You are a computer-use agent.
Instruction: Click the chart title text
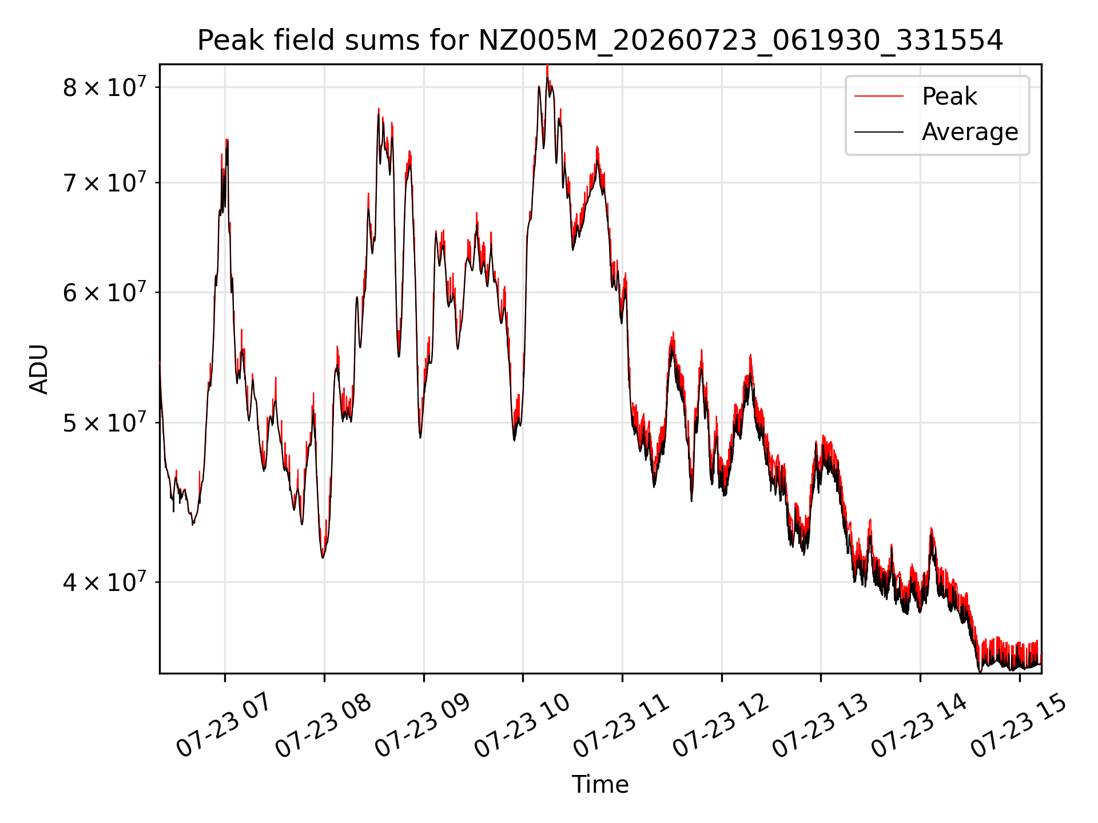point(600,41)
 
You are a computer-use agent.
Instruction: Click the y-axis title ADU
point(39,369)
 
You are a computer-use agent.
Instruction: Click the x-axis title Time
point(600,785)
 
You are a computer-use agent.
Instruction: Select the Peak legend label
point(949,97)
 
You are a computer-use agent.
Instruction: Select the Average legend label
point(970,132)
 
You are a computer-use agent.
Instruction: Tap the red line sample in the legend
point(879,97)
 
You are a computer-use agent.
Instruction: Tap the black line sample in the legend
point(879,132)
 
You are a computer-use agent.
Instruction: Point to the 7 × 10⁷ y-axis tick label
point(104,183)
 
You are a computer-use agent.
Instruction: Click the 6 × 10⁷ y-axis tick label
point(104,292)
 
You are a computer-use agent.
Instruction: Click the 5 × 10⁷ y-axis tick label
point(104,423)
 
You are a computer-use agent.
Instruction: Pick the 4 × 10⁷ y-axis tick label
point(104,582)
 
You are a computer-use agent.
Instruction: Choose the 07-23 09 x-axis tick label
point(422,725)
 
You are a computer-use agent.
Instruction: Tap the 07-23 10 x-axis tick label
point(522,725)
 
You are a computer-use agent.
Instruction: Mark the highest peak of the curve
point(547,66)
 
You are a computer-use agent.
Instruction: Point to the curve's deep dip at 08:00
point(323,557)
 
